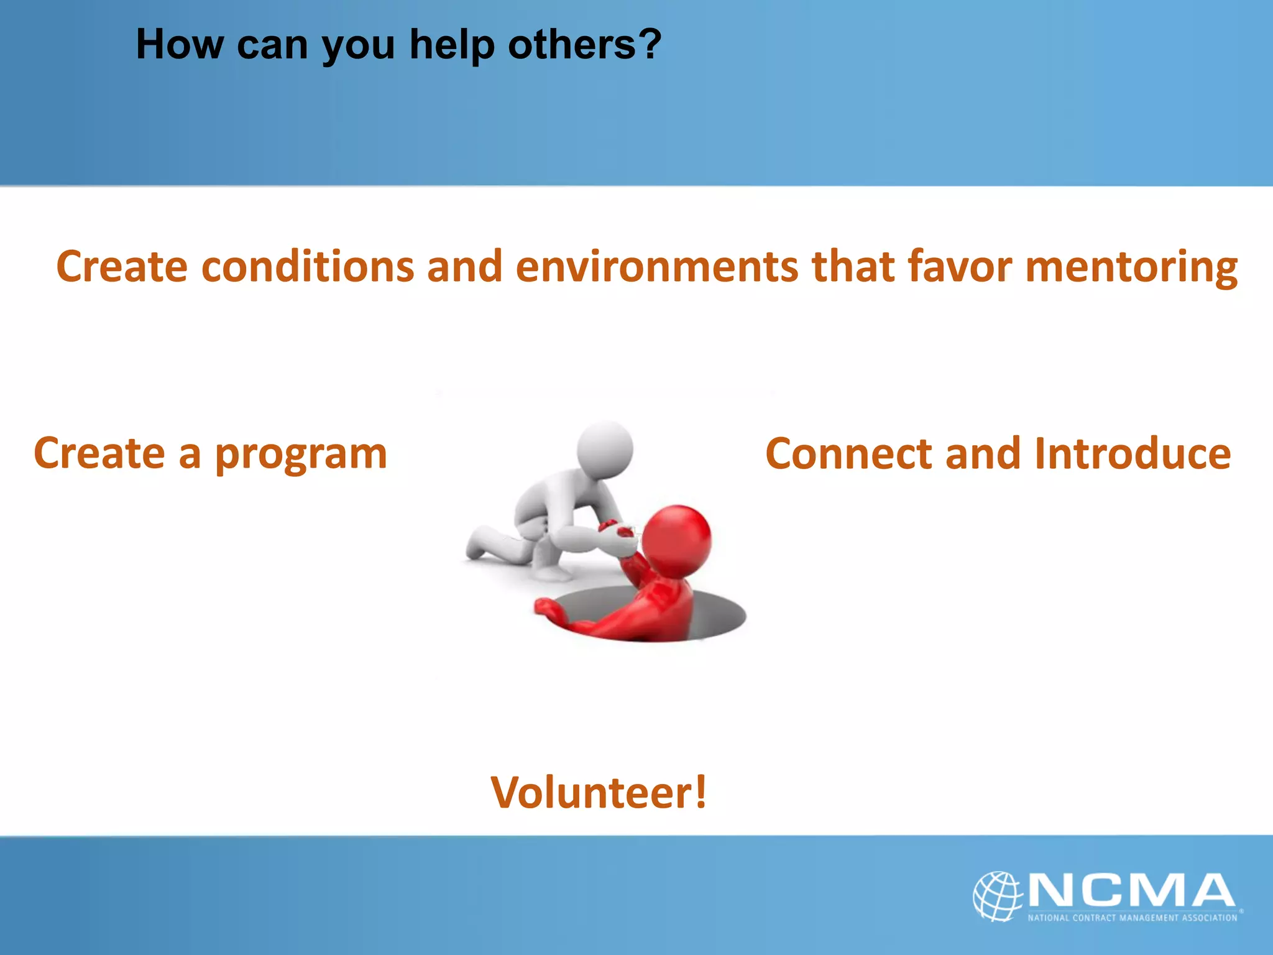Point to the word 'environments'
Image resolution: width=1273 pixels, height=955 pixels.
656,266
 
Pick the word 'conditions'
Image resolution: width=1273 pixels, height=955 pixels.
308,266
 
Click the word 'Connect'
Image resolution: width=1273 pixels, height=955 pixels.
849,454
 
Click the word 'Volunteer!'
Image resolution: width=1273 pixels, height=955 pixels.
599,792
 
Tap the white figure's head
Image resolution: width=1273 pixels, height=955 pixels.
605,449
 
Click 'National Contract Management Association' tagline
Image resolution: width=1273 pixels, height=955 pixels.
1132,918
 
